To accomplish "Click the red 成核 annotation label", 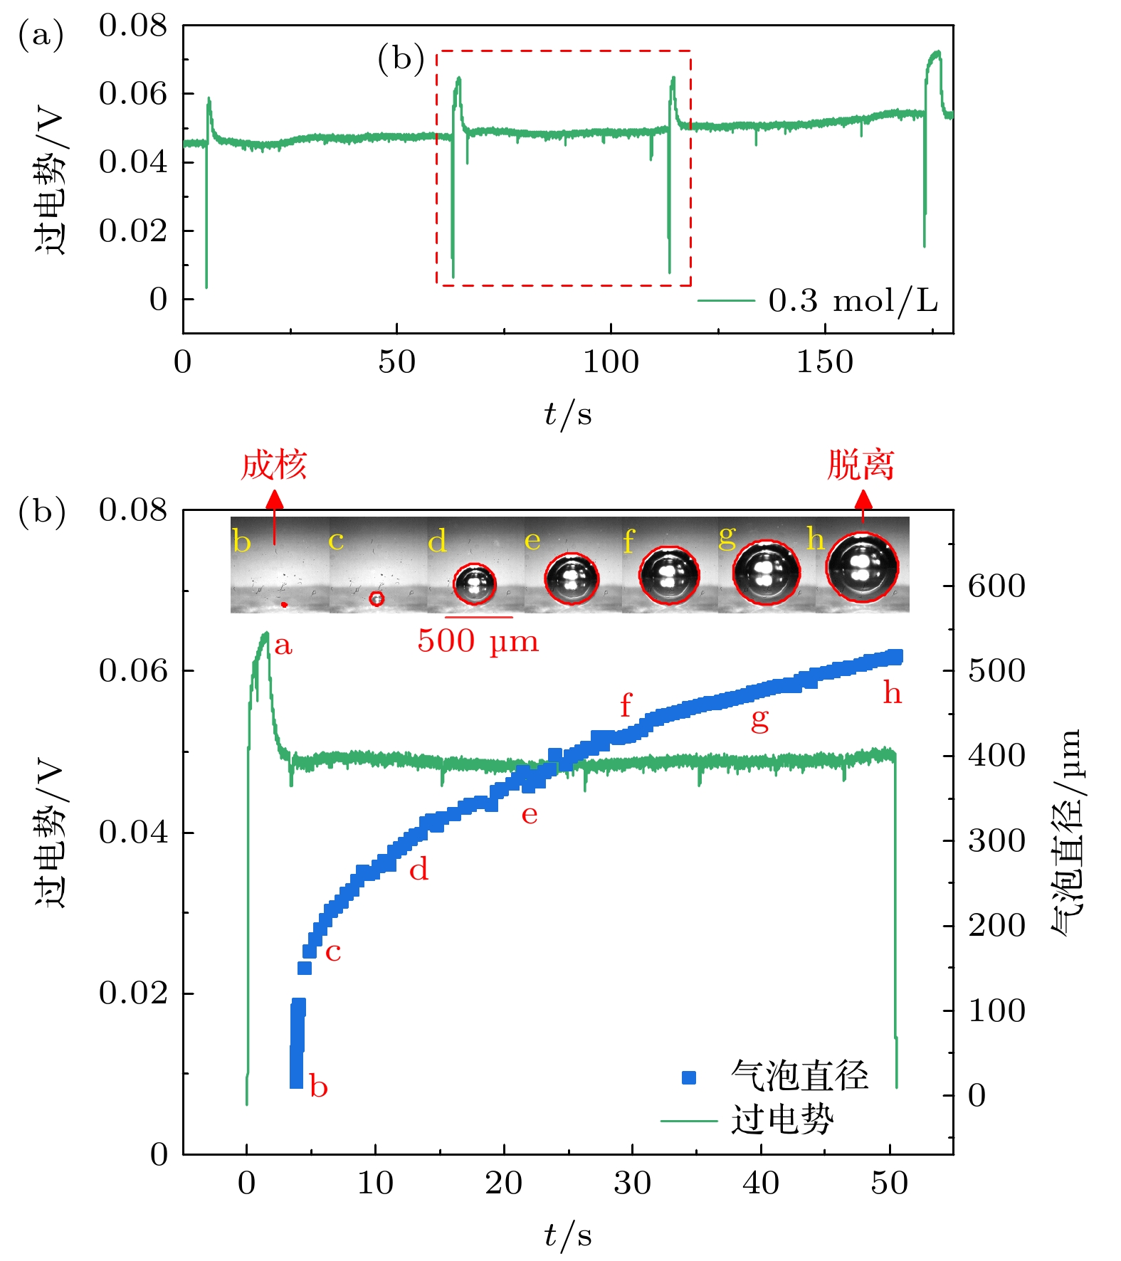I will tap(273, 465).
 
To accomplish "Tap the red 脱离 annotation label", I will tap(861, 465).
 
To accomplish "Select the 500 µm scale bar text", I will tap(478, 640).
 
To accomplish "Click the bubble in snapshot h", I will tap(862, 566).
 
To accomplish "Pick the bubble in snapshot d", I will tap(475, 584).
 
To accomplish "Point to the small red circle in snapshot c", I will tap(377, 598).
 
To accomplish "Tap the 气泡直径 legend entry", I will tap(799, 1075).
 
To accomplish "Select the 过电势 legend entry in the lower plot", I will tap(781, 1120).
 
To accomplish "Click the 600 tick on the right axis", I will tap(996, 586).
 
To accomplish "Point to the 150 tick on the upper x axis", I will tap(824, 362).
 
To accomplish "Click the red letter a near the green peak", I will tap(283, 645).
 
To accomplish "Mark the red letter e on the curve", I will tap(529, 814).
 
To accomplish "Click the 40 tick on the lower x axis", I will tap(761, 1183).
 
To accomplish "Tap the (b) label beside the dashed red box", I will tap(401, 58).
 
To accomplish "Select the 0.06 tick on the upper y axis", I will tap(133, 93).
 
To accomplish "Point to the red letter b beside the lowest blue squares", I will tap(318, 1087).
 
